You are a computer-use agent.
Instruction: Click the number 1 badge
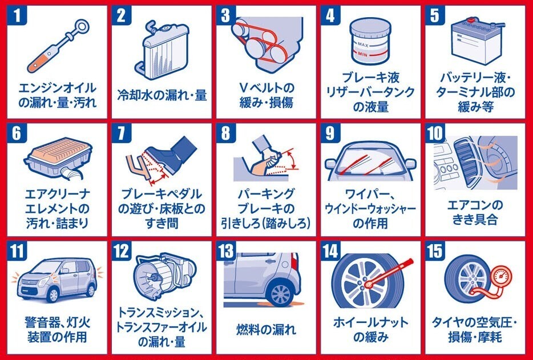click(17, 15)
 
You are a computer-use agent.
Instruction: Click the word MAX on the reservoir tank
click(363, 44)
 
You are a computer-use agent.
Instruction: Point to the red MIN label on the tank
click(363, 54)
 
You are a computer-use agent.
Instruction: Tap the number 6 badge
click(17, 133)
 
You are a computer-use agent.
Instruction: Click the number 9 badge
click(330, 133)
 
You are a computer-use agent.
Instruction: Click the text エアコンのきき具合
click(475, 212)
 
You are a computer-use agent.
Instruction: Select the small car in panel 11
click(56, 279)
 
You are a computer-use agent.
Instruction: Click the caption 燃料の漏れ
click(266, 330)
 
